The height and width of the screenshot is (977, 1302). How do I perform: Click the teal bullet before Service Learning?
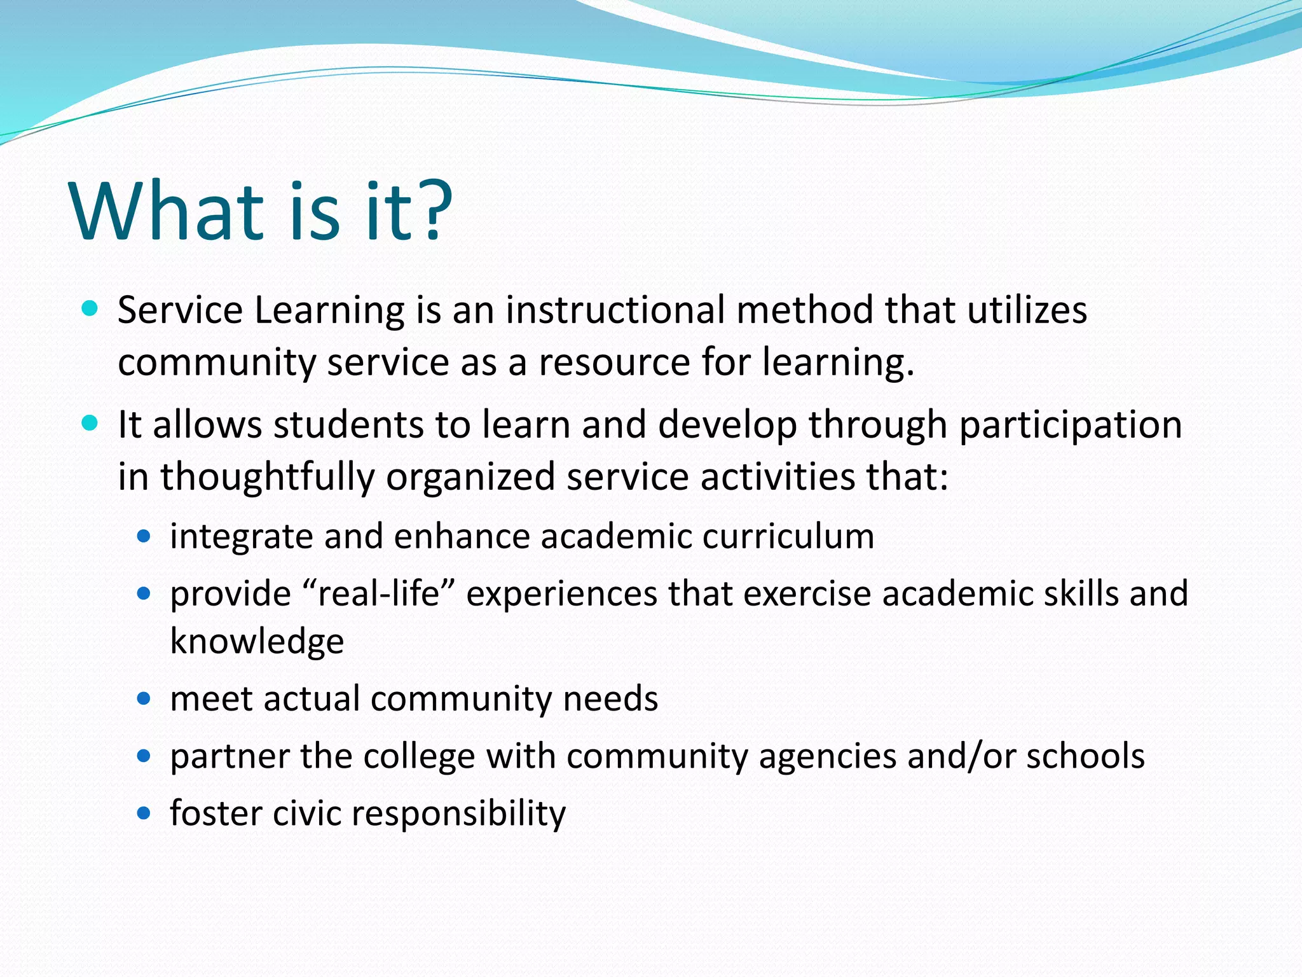point(90,310)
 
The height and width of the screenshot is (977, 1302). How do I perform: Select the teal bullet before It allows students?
point(90,424)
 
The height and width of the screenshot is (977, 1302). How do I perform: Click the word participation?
point(1071,426)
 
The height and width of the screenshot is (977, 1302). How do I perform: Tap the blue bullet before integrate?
point(144,537)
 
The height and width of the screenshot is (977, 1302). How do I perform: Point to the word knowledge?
point(257,641)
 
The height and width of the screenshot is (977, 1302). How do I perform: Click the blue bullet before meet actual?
point(144,699)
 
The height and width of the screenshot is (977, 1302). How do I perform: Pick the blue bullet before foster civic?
point(144,814)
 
